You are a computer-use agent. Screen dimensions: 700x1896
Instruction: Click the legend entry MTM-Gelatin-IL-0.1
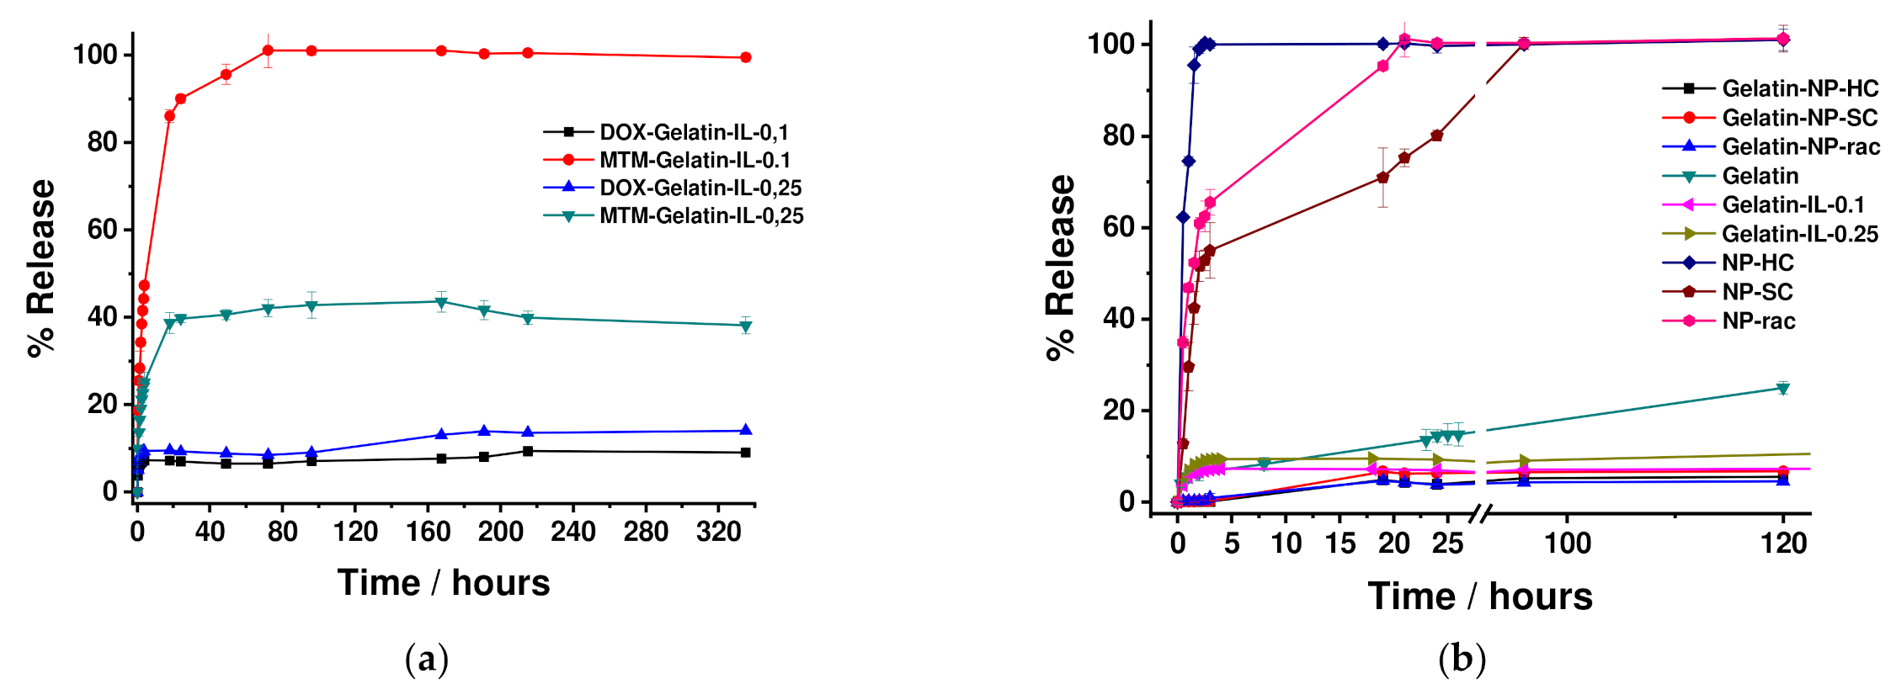(694, 160)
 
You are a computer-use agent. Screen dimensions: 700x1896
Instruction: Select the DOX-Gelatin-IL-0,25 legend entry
(700, 188)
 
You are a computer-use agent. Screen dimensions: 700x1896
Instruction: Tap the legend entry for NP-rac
(1758, 321)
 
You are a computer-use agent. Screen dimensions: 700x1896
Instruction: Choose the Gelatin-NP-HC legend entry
(1799, 88)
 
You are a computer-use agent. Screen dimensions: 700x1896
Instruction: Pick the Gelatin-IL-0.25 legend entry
(1799, 234)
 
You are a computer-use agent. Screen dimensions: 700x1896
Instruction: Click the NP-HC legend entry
(1757, 262)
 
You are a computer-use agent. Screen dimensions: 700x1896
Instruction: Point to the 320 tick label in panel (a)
(718, 533)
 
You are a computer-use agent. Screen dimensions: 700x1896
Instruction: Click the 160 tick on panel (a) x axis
(429, 533)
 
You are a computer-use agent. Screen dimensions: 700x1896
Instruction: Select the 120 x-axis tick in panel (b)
(1783, 544)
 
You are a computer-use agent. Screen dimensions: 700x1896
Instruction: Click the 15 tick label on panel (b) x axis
(1340, 544)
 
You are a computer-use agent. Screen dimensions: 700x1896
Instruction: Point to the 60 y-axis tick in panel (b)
(1118, 227)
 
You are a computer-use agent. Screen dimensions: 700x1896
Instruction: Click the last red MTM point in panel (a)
(745, 57)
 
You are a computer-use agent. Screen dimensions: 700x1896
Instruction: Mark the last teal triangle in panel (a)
(745, 326)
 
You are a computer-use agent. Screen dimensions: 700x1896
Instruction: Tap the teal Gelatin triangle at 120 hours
(1783, 389)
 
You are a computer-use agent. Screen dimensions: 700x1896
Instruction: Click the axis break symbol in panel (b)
(1480, 513)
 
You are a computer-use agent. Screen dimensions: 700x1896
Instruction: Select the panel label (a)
(427, 659)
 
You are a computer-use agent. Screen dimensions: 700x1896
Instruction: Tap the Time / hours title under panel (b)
(1480, 597)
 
